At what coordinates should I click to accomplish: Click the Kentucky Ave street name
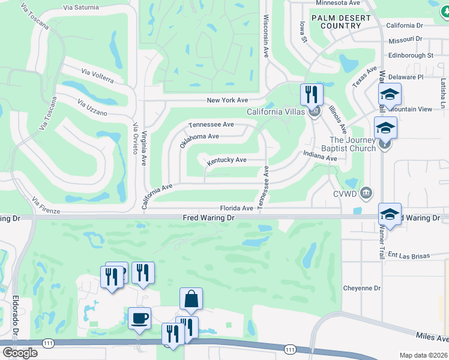[227, 161]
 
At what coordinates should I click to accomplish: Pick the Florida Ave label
[237, 208]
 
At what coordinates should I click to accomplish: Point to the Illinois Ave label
[338, 119]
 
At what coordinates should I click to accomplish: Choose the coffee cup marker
[139, 317]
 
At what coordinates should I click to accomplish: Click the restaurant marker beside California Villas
[312, 94]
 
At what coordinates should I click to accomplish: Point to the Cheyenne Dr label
[362, 288]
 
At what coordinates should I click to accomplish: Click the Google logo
[20, 352]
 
